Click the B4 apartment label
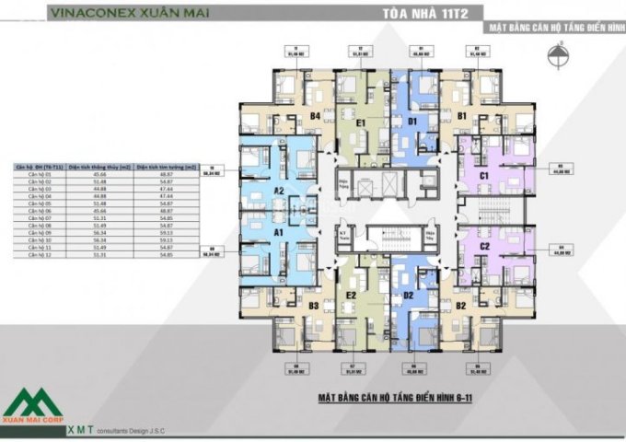click(x=315, y=116)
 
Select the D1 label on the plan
click(x=412, y=121)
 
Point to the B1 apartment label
click(x=461, y=116)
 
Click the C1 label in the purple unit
click(x=485, y=175)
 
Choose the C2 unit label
click(x=485, y=246)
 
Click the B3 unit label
click(x=314, y=305)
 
